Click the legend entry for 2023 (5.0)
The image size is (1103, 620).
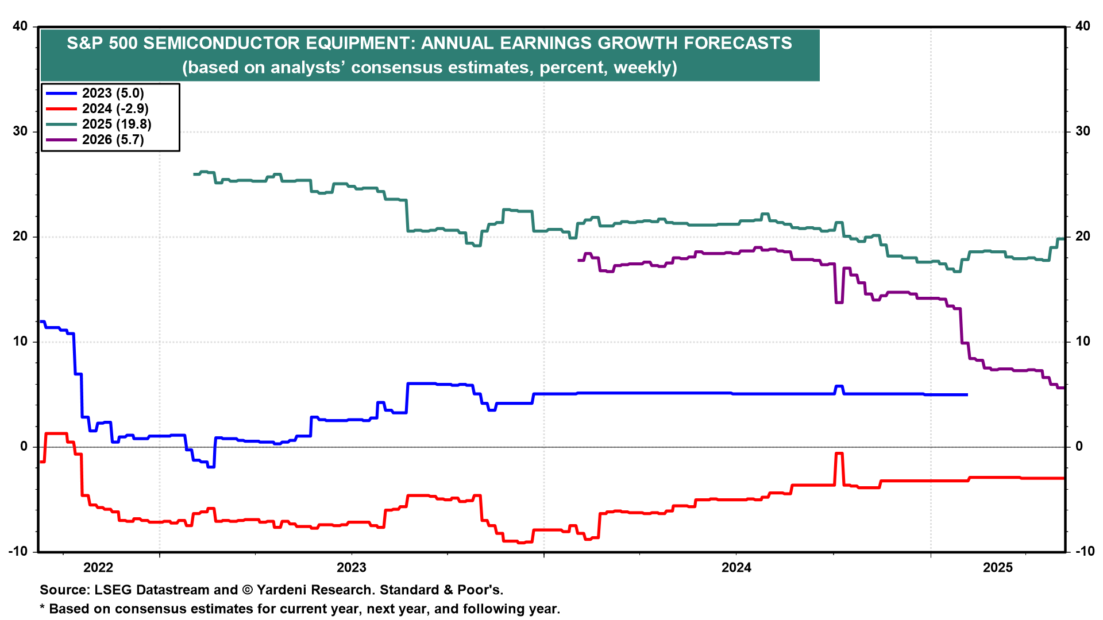(113, 94)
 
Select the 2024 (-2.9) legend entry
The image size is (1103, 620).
(115, 109)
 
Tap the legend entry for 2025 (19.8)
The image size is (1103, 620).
(117, 125)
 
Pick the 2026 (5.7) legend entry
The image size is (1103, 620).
(113, 140)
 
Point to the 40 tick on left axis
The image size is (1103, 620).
(20, 26)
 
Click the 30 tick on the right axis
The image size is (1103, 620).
(1082, 131)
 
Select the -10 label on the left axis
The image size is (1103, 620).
(18, 552)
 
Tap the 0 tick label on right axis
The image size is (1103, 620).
(1079, 447)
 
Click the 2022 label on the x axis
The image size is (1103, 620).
(98, 568)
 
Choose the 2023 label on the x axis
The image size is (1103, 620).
(352, 568)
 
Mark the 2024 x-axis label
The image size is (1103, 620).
(736, 568)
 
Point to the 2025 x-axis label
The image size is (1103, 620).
(998, 568)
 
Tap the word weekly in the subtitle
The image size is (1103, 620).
(643, 68)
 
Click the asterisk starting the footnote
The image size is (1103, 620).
(42, 608)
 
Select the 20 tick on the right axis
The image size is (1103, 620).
(1082, 237)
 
